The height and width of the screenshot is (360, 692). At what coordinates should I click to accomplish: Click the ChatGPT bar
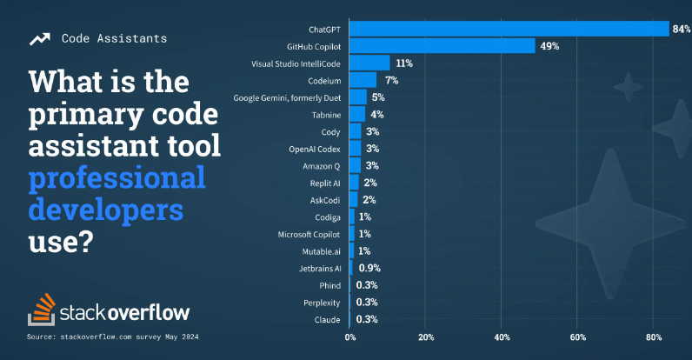click(x=509, y=29)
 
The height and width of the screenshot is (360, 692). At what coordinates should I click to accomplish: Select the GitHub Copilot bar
click(x=442, y=46)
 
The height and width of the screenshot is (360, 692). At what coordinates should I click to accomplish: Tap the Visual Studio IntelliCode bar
click(x=369, y=63)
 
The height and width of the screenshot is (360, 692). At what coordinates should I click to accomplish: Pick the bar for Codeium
click(x=363, y=80)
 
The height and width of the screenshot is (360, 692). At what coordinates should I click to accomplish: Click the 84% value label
click(x=681, y=29)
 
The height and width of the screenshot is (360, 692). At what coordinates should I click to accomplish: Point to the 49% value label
click(x=549, y=46)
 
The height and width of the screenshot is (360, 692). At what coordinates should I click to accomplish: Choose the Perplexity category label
click(x=317, y=303)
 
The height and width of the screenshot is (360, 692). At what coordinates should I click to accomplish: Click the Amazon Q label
click(x=319, y=166)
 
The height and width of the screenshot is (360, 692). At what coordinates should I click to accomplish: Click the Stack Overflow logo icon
click(x=41, y=310)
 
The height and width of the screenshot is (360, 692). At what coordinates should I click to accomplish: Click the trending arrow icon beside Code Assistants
click(x=39, y=39)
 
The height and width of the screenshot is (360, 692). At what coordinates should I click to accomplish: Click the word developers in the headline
click(x=106, y=210)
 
